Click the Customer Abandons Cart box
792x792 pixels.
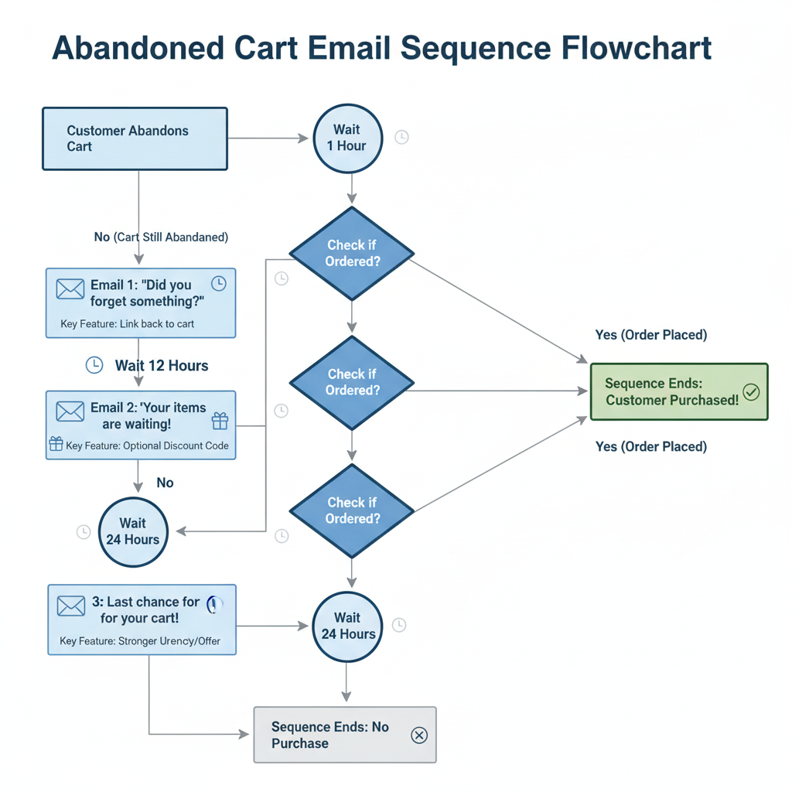click(x=135, y=138)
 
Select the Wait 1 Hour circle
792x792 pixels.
click(x=347, y=138)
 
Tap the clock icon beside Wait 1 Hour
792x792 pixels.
click(x=401, y=137)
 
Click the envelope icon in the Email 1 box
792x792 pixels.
click(x=70, y=289)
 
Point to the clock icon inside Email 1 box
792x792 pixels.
click(x=219, y=284)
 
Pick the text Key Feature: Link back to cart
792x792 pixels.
click(x=128, y=324)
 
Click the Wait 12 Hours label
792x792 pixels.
click(x=162, y=366)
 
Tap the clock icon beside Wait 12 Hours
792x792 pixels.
click(x=94, y=365)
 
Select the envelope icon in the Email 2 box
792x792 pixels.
click(x=70, y=411)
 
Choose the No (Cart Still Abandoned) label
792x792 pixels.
click(x=161, y=237)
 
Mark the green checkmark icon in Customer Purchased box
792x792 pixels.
click(x=751, y=392)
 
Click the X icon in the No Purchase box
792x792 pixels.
click(x=418, y=735)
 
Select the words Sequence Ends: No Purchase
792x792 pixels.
click(x=329, y=735)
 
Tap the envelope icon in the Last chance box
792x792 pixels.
click(x=71, y=606)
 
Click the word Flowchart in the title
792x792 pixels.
click(x=630, y=48)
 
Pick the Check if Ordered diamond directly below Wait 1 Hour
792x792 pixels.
click(x=352, y=253)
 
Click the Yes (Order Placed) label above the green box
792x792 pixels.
click(x=651, y=335)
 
